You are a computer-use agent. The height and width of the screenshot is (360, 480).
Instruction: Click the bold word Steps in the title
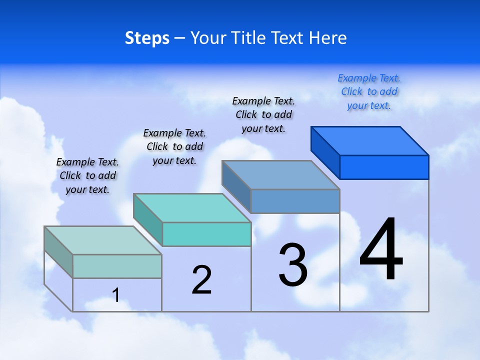[147, 38]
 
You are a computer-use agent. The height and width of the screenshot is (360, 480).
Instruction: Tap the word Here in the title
[328, 38]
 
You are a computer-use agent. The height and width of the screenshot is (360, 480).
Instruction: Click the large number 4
[381, 250]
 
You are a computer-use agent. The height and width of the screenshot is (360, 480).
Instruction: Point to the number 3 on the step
[293, 265]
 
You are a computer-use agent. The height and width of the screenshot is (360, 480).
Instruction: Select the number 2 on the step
[202, 280]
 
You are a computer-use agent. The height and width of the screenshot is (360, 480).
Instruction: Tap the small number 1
[116, 295]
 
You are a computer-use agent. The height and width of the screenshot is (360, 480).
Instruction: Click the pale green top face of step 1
[103, 240]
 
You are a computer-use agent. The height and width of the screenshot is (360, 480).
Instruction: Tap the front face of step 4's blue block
[384, 167]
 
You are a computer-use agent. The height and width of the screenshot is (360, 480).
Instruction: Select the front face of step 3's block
[295, 201]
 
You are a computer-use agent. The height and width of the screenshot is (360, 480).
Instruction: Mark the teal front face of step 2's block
[206, 234]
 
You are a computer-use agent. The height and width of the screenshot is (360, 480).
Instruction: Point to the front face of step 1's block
[117, 266]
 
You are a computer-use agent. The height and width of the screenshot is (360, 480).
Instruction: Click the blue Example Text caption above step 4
[369, 92]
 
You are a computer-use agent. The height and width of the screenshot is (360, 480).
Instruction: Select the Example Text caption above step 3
[263, 114]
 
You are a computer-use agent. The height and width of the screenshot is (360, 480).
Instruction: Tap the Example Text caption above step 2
[174, 146]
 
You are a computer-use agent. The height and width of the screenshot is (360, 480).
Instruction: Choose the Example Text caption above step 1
[87, 175]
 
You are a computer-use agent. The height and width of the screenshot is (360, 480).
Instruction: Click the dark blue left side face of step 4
[325, 152]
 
